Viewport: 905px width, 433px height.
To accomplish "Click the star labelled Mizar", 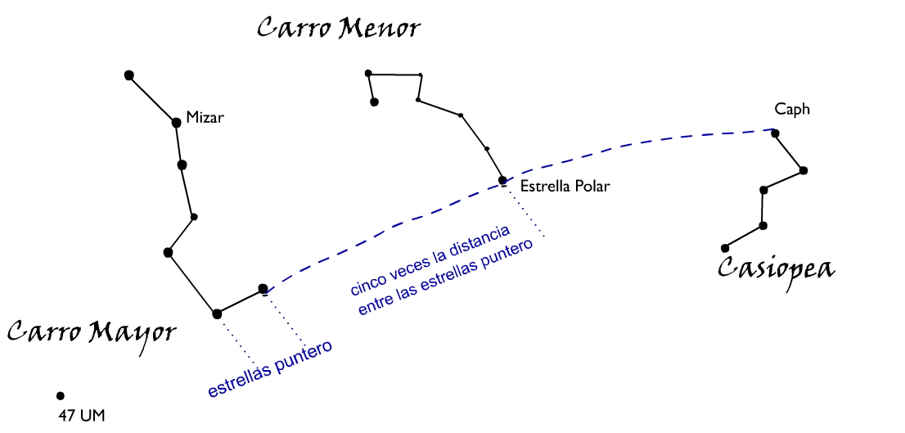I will click(176, 123).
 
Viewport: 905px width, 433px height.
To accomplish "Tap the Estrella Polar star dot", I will click(503, 181).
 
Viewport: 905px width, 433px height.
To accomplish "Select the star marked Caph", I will click(775, 133).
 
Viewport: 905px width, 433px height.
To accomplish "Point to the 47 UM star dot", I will click(60, 396).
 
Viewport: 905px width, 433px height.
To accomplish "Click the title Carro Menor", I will click(338, 29).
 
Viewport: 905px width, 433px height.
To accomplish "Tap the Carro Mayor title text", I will click(92, 333).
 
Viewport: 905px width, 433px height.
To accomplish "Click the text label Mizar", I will click(205, 118).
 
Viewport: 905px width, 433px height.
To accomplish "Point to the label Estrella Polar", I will click(565, 187).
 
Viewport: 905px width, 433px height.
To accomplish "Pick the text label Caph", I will click(792, 110).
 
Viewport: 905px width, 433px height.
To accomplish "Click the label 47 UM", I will click(82, 416).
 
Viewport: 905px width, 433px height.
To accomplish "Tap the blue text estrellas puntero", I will click(270, 369).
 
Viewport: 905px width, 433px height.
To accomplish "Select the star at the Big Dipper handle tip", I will click(128, 75).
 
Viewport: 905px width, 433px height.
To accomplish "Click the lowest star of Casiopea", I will click(724, 248).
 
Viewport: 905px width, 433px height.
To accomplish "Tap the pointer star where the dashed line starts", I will click(263, 289).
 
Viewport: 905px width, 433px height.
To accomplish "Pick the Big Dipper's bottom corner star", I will click(217, 313).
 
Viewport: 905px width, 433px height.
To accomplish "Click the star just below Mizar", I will click(182, 165).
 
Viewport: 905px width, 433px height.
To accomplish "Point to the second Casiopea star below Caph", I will click(763, 190).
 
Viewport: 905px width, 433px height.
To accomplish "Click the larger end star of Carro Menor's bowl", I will click(374, 102).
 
